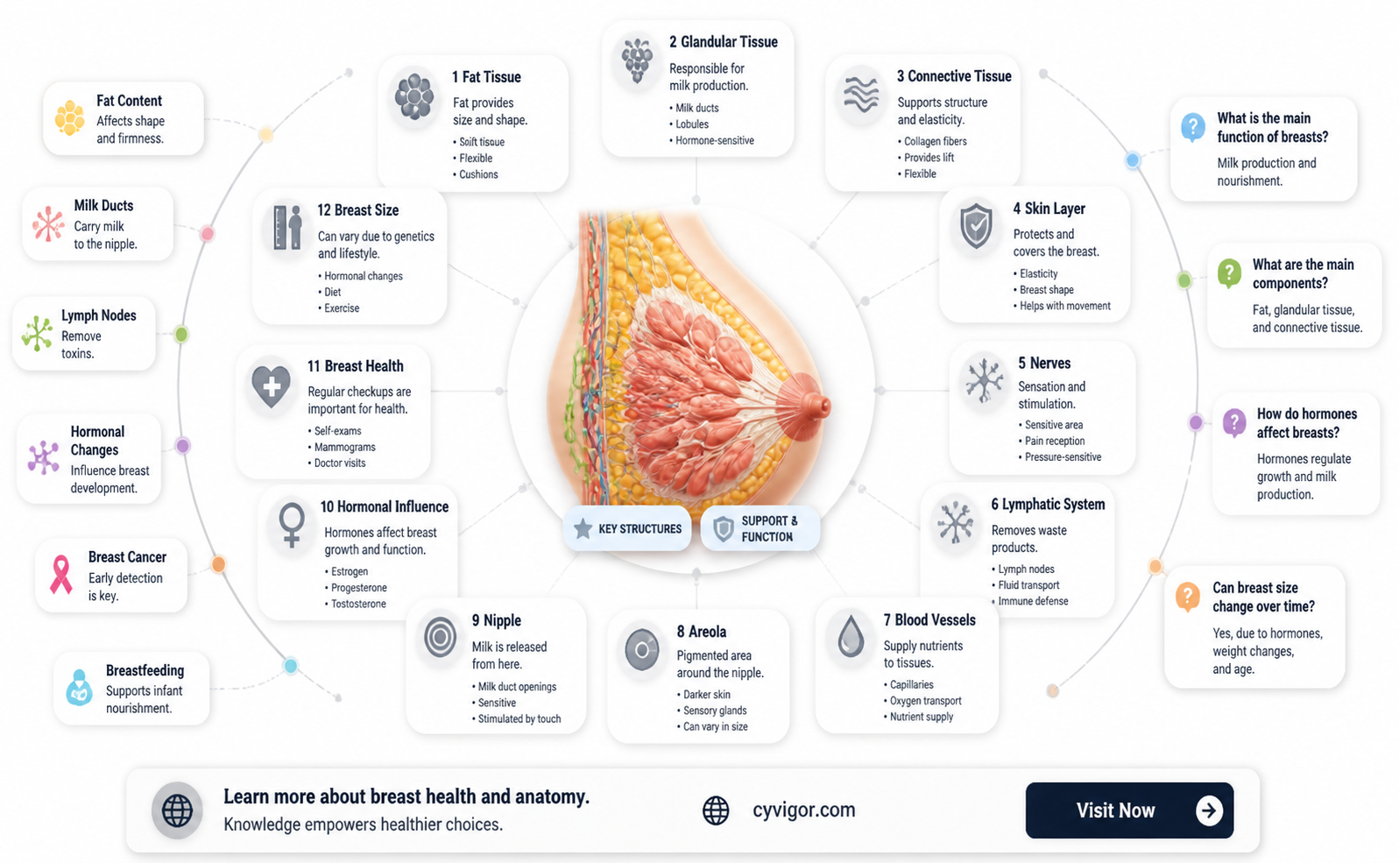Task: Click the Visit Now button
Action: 1129,810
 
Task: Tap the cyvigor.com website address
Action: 804,810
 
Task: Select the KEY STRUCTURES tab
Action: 627,528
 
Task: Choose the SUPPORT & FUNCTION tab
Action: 760,528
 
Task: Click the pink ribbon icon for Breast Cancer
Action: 60,575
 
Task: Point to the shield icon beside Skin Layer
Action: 976,226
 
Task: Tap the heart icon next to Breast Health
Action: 271,386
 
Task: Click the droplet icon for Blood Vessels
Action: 850,637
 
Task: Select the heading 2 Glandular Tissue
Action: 724,42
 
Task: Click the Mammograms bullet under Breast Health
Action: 345,447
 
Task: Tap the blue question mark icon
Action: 1193,127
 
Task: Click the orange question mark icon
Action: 1187,598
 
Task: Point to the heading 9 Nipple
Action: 496,620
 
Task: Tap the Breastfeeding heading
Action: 145,670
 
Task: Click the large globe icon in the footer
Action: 177,810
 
